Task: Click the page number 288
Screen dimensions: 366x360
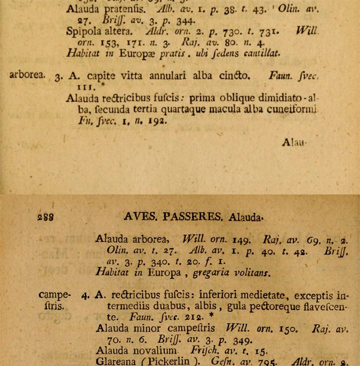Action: tap(44, 217)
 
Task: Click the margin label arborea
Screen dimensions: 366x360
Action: tap(27, 76)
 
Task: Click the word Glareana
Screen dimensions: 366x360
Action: tap(114, 361)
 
